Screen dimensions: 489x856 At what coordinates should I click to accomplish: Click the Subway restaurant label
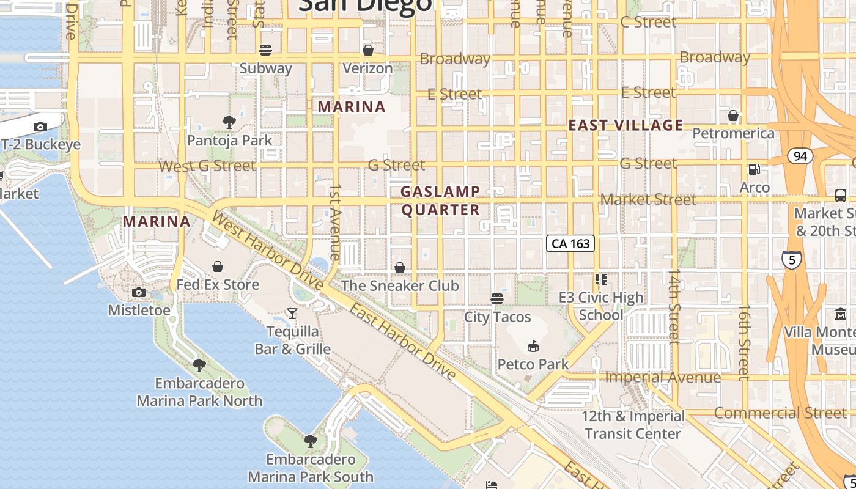click(x=265, y=68)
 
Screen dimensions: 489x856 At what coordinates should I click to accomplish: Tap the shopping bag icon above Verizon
click(x=368, y=50)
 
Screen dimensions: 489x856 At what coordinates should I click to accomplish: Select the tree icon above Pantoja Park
click(x=229, y=122)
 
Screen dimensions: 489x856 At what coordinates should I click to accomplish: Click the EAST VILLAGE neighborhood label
click(x=625, y=125)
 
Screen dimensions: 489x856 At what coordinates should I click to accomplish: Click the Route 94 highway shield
click(x=800, y=156)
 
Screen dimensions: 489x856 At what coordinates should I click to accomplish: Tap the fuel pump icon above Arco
click(x=755, y=169)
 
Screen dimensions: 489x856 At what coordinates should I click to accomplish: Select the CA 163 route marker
click(x=570, y=243)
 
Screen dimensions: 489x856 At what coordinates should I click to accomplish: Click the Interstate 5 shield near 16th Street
click(x=791, y=260)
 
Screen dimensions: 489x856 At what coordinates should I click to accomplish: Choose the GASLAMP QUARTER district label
click(x=440, y=200)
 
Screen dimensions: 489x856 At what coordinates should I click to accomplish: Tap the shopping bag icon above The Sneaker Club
click(x=400, y=268)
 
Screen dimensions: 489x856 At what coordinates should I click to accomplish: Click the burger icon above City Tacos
click(x=497, y=299)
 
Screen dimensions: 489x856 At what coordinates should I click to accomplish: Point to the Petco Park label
click(x=533, y=364)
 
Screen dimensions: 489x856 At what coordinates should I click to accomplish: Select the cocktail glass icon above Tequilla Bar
click(x=292, y=314)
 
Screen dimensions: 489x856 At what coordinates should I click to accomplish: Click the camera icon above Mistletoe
click(x=139, y=292)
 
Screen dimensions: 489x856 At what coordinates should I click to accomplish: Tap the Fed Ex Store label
click(x=218, y=284)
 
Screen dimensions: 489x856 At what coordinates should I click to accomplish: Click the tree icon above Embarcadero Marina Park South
click(x=311, y=441)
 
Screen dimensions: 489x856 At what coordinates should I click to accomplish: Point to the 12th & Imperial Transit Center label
click(x=633, y=425)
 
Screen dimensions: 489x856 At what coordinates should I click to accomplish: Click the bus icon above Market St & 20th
click(x=841, y=196)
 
